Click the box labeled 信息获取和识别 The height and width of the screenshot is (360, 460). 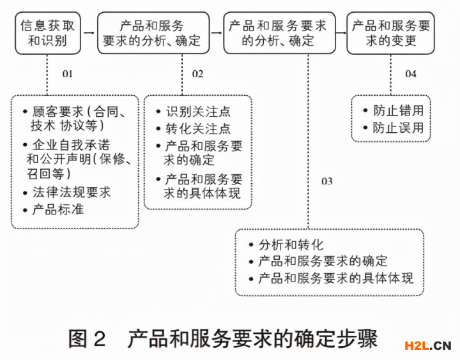pos(48,34)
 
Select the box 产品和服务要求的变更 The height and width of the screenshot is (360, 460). pos(390,34)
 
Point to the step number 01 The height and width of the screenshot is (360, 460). pos(68,74)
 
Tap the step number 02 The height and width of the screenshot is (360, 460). pos(197,74)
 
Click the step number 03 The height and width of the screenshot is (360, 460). pos(326,181)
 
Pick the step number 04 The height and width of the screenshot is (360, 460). pos(410,74)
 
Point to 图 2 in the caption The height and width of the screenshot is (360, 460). pos(87,338)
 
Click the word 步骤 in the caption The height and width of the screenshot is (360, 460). pos(358,338)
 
